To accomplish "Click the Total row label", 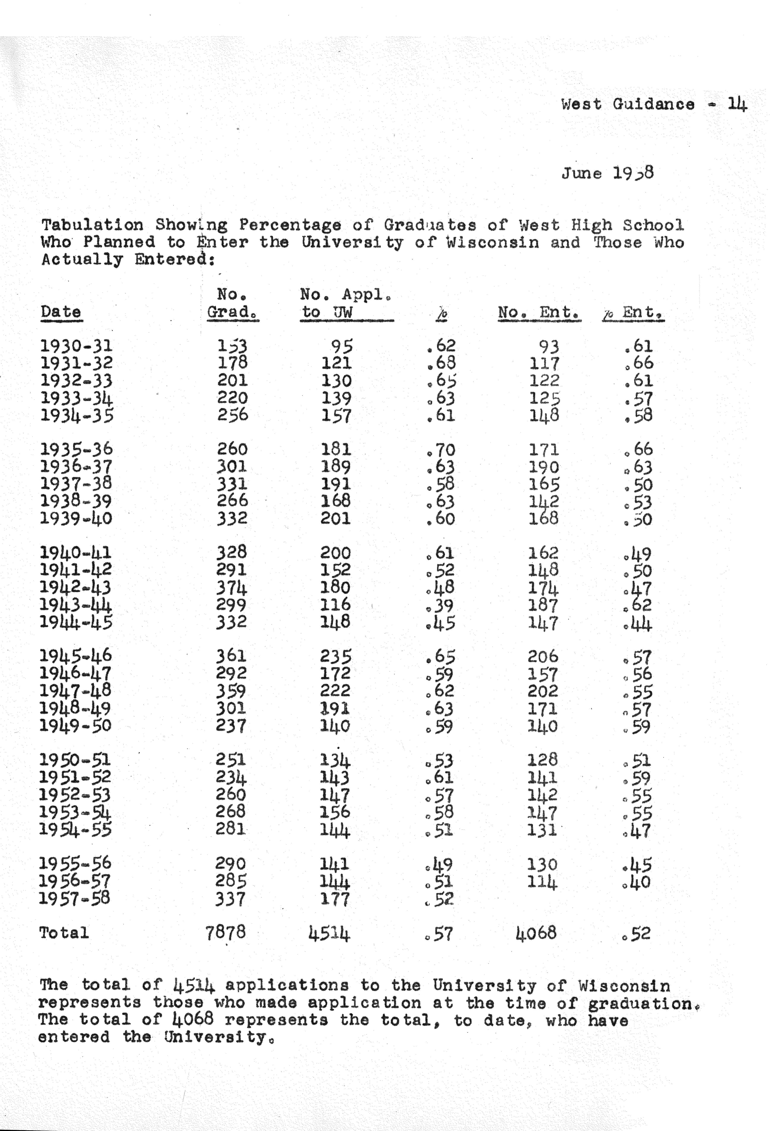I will (x=64, y=933).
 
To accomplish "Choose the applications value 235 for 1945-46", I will (x=336, y=657).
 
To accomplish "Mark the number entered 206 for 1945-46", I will (x=543, y=657).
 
